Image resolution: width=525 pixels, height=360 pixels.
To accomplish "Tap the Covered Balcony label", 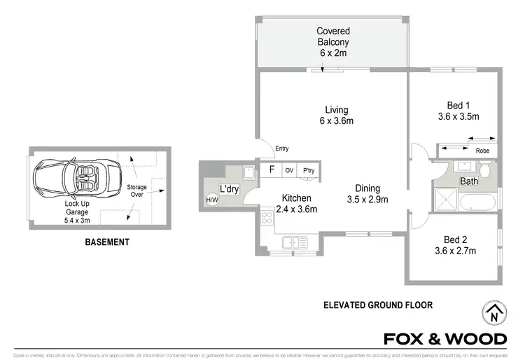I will [332, 41].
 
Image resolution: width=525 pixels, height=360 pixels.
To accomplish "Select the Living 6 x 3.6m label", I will [336, 115].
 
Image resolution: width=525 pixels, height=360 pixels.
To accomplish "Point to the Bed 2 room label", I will [455, 244].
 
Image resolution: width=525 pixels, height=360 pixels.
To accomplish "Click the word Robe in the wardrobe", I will [482, 151].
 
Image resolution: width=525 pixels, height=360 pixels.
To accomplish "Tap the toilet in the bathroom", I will [486, 169].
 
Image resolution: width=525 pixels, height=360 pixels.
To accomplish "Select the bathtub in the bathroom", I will [478, 203].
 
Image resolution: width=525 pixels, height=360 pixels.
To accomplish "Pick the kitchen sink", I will [295, 242].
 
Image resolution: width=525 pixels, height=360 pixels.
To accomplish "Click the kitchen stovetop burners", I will [266, 218].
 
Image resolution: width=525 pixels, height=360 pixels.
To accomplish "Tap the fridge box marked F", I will [270, 170].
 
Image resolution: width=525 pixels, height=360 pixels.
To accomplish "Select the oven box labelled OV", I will [288, 171].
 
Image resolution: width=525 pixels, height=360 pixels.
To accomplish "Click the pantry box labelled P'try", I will [307, 171].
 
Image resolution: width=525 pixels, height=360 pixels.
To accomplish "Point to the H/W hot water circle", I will [211, 200].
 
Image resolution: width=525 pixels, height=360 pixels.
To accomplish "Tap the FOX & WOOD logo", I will [444, 339].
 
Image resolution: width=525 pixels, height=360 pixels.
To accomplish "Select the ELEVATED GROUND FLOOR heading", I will [378, 305].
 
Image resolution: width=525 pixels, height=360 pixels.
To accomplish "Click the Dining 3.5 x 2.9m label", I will [367, 193].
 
